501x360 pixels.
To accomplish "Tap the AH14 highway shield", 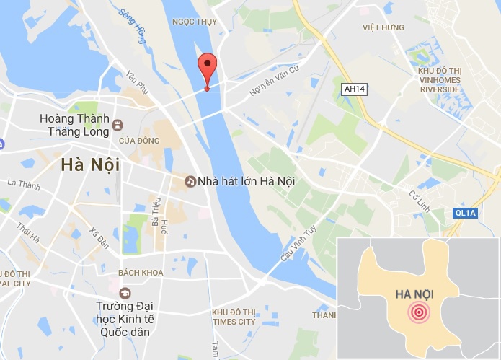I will click(x=351, y=88).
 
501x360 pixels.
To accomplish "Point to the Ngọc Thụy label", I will click(x=195, y=22).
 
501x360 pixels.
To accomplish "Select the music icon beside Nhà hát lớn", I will click(x=190, y=181).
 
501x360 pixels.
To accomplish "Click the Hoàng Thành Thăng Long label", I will click(x=75, y=125).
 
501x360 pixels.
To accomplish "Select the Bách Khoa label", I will click(x=141, y=273).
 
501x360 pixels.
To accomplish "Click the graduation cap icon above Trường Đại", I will click(x=125, y=293).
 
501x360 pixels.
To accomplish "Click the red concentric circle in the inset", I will click(x=418, y=312).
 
